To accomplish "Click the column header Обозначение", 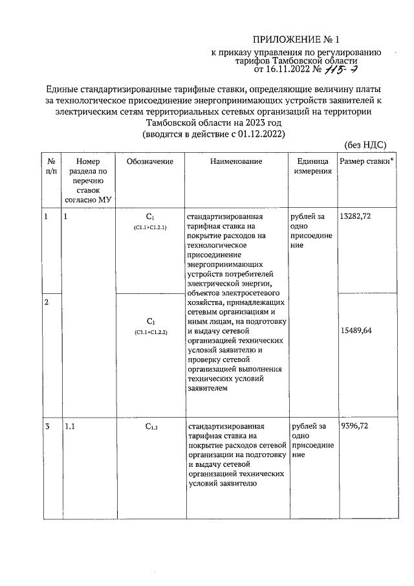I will point(150,161).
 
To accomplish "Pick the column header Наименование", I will point(235,161).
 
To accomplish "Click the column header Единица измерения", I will point(313,166).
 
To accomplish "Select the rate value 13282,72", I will point(355,216).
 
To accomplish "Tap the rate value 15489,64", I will point(357,330).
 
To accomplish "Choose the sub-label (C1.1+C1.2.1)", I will point(150,229).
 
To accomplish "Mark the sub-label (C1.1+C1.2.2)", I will point(150,332).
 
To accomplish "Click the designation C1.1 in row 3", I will point(151,427).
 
